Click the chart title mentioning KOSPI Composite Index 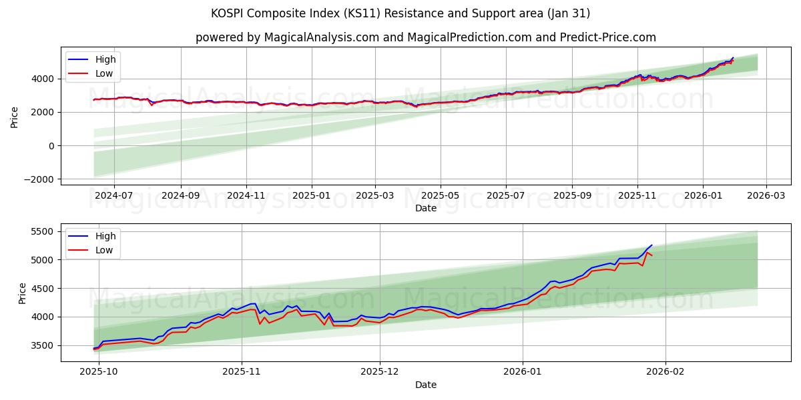click(x=400, y=13)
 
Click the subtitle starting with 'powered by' click(x=425, y=37)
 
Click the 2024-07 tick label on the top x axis click(x=114, y=196)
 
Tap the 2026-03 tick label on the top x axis click(x=766, y=196)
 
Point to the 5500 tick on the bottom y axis click(x=44, y=231)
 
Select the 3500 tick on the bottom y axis click(x=44, y=345)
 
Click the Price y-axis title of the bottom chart click(x=23, y=293)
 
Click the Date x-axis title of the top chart click(x=425, y=208)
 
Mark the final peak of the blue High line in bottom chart click(x=651, y=245)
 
